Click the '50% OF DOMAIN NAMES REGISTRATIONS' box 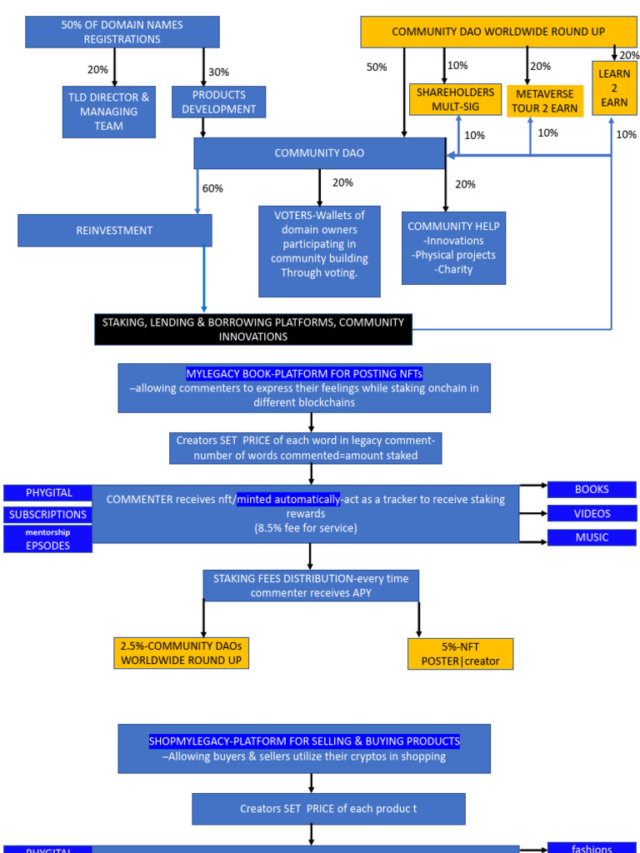122,32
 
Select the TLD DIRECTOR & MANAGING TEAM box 108,112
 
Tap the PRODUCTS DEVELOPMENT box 219,102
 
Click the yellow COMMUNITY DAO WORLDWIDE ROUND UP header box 497,32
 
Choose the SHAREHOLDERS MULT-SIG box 455,99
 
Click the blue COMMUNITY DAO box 319,153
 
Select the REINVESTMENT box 114,231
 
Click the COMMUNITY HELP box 453,247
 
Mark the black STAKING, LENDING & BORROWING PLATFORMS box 252,329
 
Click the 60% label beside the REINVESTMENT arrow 212,188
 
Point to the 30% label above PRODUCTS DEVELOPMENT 218,72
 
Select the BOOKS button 591,490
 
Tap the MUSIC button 591,537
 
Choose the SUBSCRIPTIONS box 47,515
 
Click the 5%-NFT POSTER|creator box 460,654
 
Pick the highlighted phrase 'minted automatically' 288,500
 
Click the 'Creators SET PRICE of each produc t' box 328,809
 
